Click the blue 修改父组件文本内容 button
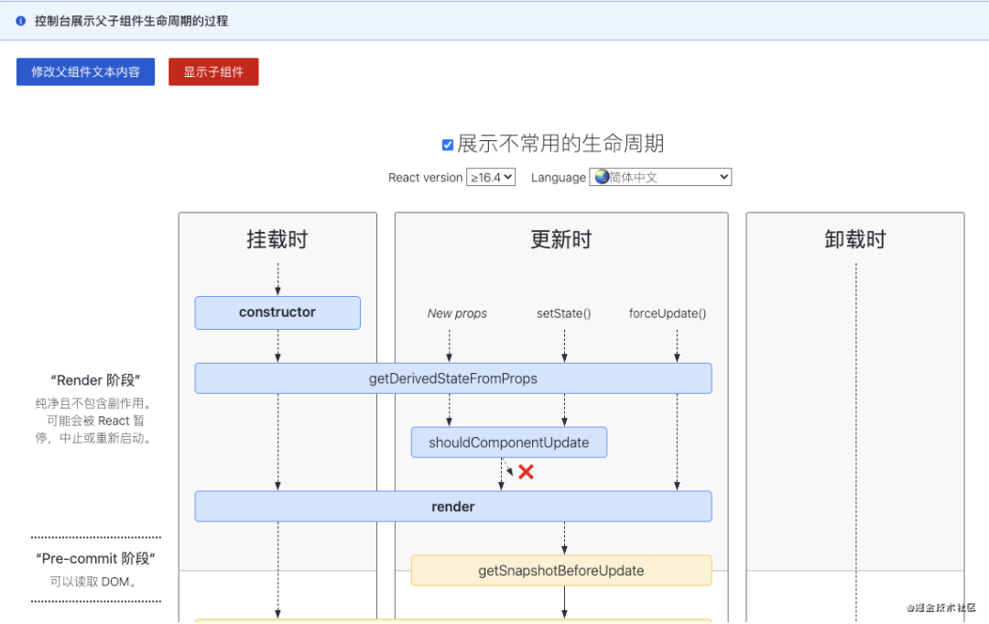(85, 71)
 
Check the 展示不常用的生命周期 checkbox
(448, 145)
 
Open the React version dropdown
(491, 177)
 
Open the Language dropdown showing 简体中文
(660, 177)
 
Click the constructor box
(277, 312)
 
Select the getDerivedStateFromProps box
(452, 378)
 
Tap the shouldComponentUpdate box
(508, 443)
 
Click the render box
(452, 507)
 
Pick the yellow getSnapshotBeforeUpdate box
(560, 571)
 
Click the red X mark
(526, 472)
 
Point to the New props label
(457, 313)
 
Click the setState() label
(563, 313)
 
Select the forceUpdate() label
(668, 313)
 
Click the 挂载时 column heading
(277, 240)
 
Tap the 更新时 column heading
(561, 240)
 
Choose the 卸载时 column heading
(855, 240)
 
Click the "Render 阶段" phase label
(95, 380)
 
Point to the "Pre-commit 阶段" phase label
(95, 559)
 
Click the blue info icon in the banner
(21, 20)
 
